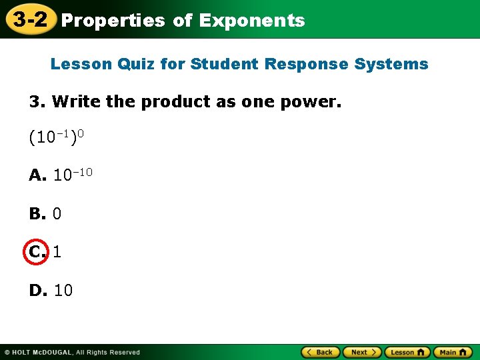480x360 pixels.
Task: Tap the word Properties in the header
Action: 113,21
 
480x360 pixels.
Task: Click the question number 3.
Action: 37,102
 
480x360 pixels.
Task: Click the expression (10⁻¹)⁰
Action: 56,138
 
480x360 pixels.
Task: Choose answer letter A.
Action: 37,176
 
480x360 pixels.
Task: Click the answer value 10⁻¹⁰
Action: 73,175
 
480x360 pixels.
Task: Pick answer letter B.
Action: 37,214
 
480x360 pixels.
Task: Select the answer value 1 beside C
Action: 57,252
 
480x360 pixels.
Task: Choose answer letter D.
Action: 37,291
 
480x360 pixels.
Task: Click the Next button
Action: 362,352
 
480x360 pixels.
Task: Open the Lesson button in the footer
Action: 407,352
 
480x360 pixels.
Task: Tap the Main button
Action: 453,352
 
